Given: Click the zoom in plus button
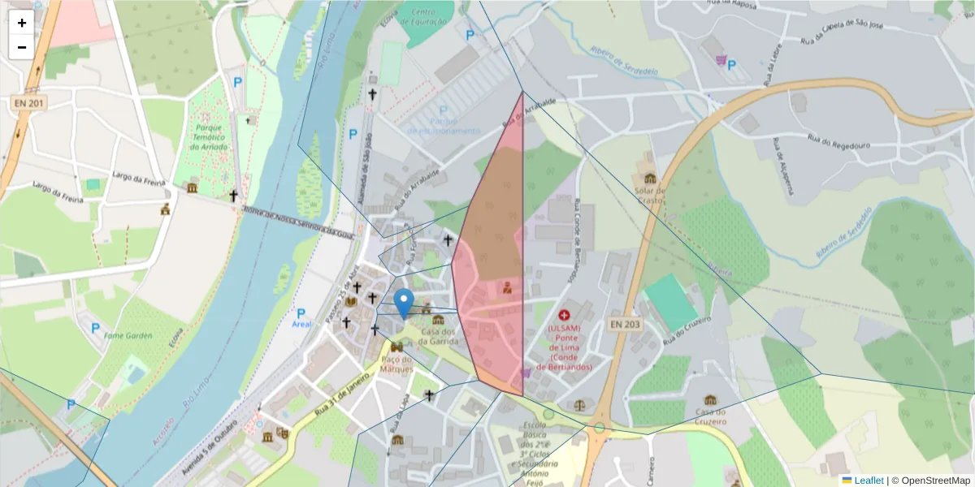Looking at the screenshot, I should click(22, 23).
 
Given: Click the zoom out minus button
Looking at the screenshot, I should click(22, 47).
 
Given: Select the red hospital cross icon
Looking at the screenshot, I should click(564, 313).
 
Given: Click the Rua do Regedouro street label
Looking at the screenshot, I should click(838, 143).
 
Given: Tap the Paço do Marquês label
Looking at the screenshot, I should click(397, 364).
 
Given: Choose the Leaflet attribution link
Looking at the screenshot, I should click(869, 481).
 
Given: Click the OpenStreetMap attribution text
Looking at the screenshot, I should click(935, 481).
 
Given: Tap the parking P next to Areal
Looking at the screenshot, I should click(301, 312).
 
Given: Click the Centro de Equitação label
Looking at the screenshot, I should click(431, 17).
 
